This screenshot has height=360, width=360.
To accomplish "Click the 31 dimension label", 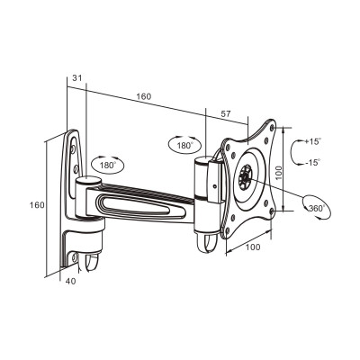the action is coord(77,78).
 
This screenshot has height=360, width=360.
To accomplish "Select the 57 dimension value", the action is coord(226,114).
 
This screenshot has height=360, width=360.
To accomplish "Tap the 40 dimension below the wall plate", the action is coord(71,281).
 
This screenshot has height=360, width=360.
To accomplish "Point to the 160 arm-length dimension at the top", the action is coord(144,96).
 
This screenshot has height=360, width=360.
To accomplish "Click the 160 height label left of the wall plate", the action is coord(37,205).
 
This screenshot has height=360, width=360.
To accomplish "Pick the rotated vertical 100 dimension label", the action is coord(279,173).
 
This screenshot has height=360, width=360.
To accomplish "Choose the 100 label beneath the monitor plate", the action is coord(253,247).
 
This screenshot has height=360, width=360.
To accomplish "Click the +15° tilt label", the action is coord(312,141).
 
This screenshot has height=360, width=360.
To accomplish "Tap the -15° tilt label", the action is coord(313,163).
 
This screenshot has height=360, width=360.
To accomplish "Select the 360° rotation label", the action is coord(318,208).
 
